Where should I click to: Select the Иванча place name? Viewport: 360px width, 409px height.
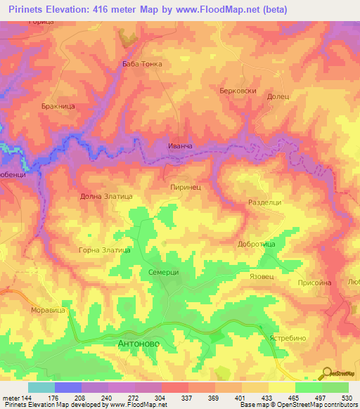(x=180, y=145)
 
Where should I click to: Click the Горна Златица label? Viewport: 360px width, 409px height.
(x=105, y=249)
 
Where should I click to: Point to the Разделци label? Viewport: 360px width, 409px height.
(x=265, y=202)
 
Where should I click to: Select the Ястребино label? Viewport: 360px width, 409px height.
(x=288, y=337)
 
